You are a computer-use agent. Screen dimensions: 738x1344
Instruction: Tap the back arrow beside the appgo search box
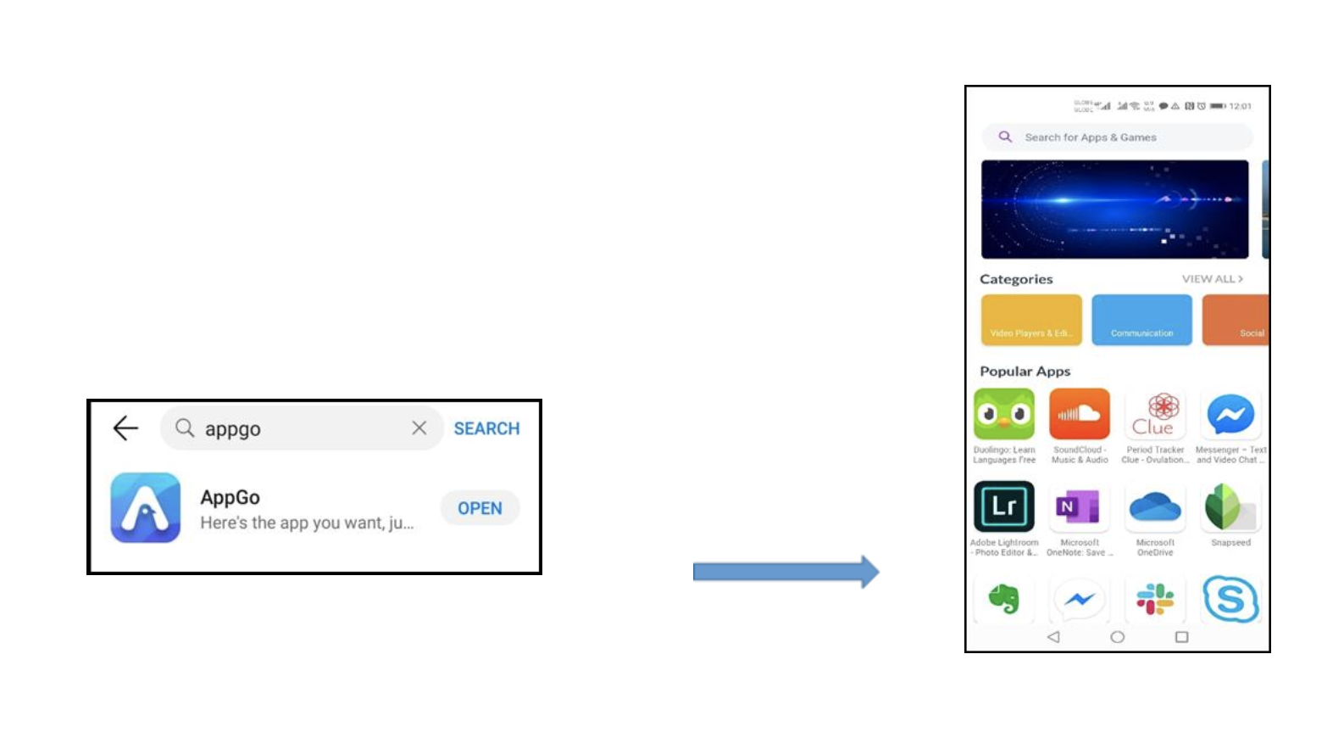pyautogui.click(x=125, y=428)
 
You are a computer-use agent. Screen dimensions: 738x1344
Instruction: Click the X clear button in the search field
pyautogui.click(x=419, y=428)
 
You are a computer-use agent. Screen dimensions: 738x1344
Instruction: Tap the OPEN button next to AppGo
pyautogui.click(x=480, y=508)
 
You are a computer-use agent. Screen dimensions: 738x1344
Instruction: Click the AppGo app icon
pyautogui.click(x=146, y=508)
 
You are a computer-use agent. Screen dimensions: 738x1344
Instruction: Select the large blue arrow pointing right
pyautogui.click(x=786, y=573)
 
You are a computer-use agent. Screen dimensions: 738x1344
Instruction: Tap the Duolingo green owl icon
pyautogui.click(x=1004, y=415)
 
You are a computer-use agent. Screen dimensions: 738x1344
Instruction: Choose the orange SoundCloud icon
pyautogui.click(x=1079, y=415)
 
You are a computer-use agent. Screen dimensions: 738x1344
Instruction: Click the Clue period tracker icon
pyautogui.click(x=1154, y=415)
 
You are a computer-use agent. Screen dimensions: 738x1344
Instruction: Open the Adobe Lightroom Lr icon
pyautogui.click(x=1004, y=506)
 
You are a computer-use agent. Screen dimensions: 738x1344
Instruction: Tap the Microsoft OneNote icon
pyautogui.click(x=1079, y=506)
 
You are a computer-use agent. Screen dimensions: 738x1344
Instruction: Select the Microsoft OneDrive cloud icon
pyautogui.click(x=1154, y=506)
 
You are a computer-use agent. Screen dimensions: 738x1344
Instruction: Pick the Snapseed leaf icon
pyautogui.click(x=1230, y=506)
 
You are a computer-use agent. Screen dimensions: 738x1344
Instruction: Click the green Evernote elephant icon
pyautogui.click(x=1004, y=599)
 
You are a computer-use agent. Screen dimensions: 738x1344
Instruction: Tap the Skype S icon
pyautogui.click(x=1230, y=599)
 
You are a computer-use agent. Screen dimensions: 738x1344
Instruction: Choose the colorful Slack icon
pyautogui.click(x=1154, y=599)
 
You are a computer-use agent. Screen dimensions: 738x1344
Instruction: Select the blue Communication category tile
pyautogui.click(x=1141, y=320)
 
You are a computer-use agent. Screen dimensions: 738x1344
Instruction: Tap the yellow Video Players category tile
pyautogui.click(x=1031, y=320)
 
